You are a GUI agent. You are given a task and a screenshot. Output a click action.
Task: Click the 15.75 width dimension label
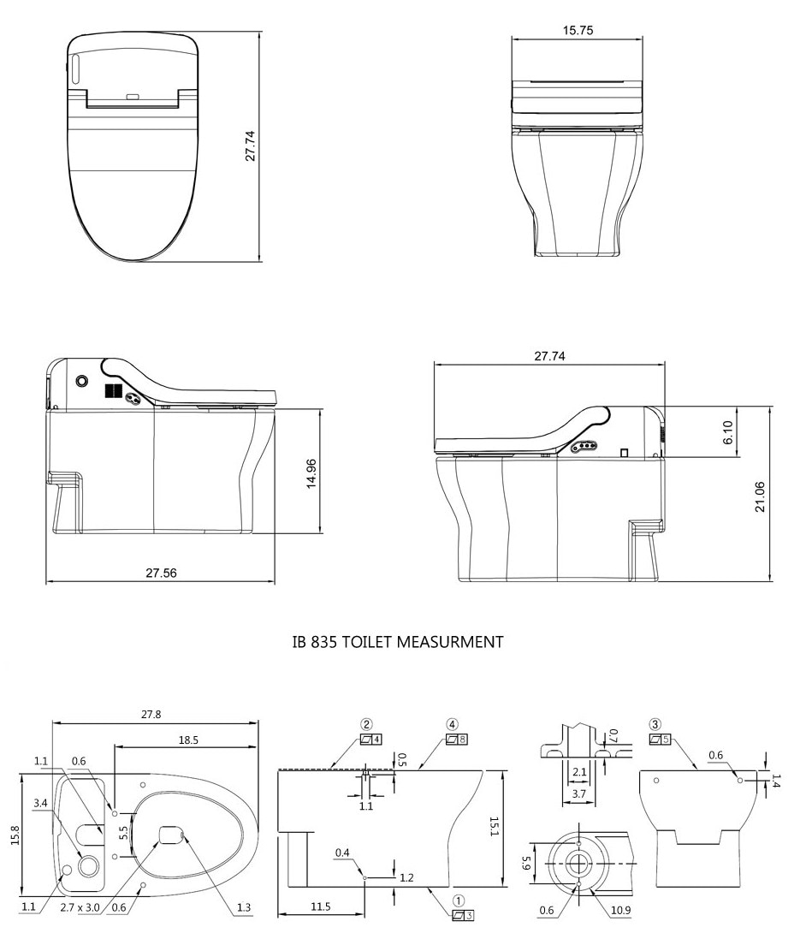(x=578, y=30)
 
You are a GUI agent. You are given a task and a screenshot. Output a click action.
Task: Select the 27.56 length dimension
(x=161, y=573)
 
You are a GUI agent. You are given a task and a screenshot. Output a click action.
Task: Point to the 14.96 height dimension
(x=311, y=473)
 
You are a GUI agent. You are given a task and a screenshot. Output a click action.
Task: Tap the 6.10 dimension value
(x=727, y=432)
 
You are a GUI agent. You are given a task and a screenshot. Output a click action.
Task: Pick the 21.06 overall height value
(x=760, y=496)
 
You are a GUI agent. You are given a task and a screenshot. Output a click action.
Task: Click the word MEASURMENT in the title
(x=450, y=642)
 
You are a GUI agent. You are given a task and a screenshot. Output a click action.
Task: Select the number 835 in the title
(x=324, y=642)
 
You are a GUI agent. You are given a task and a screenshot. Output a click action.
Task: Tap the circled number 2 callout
(x=366, y=725)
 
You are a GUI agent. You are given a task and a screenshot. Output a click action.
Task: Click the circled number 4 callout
(x=452, y=725)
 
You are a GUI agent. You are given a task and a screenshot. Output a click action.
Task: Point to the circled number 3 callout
(x=655, y=725)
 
